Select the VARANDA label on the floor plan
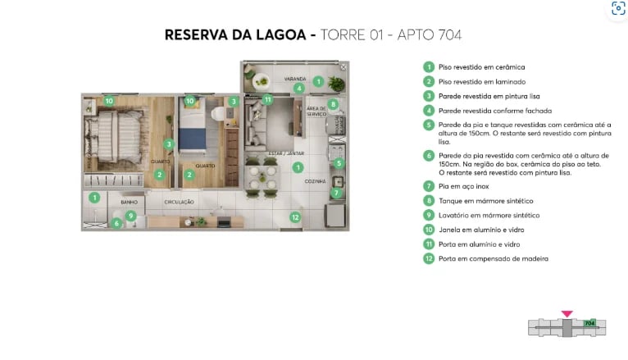(295, 79)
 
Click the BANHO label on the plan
(129, 201)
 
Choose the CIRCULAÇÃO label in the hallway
(179, 202)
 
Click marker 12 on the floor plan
(295, 216)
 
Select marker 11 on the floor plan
(267, 99)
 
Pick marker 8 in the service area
(333, 104)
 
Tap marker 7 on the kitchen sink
(336, 193)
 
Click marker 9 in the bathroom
(130, 215)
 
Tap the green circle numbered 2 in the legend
(428, 81)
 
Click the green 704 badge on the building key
(589, 323)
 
